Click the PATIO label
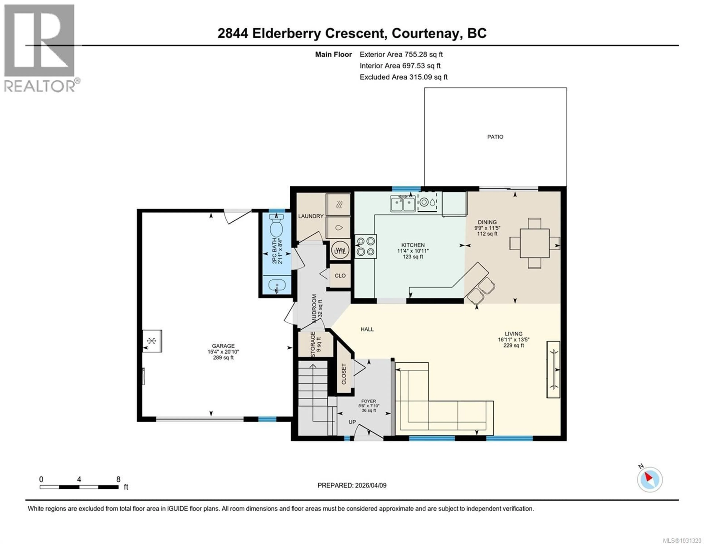[495, 137]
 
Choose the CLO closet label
[340, 276]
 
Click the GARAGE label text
[223, 346]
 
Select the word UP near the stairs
[352, 422]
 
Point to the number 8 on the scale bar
[118, 479]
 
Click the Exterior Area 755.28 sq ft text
[401, 54]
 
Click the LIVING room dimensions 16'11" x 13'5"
[514, 340]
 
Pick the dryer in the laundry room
[338, 204]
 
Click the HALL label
[367, 329]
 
